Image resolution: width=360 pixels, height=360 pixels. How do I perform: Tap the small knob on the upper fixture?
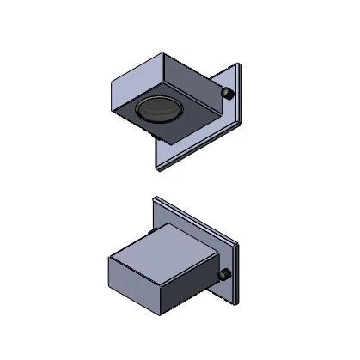tap(228, 92)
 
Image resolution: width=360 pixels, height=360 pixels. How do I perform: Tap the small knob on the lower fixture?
tap(225, 275)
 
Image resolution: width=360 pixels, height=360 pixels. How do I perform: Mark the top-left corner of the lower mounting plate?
tap(152, 198)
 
